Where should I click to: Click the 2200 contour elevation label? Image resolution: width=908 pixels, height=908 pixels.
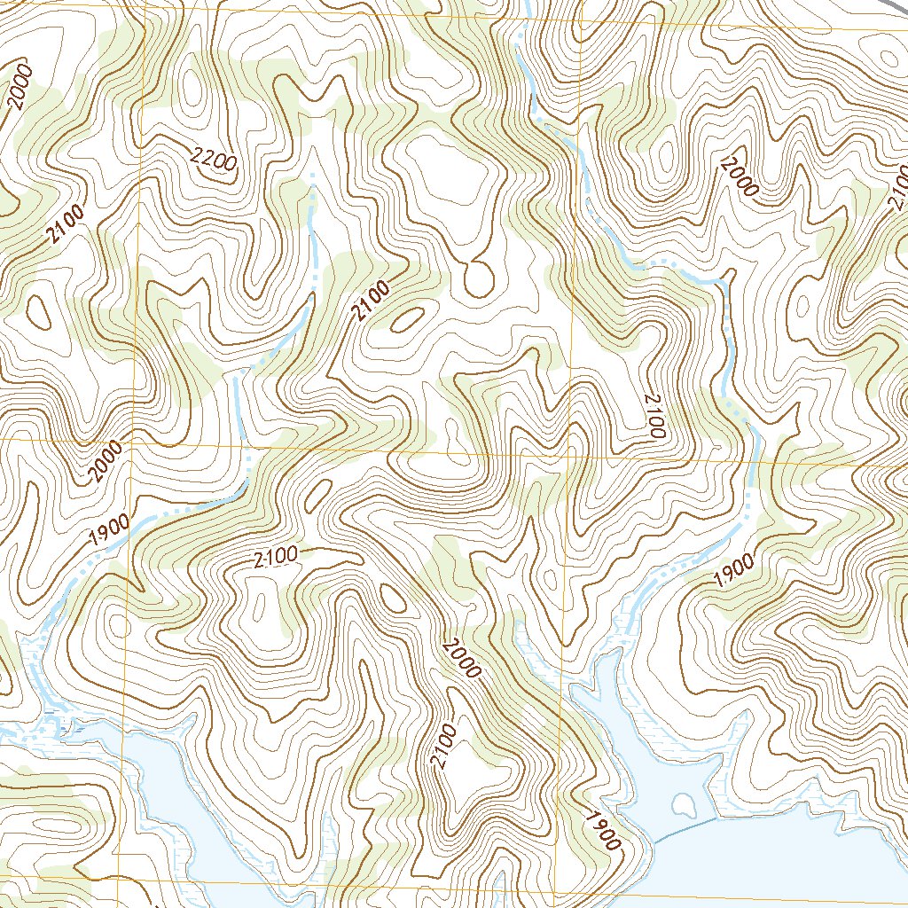coord(214,160)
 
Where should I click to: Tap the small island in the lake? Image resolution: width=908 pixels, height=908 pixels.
coord(684,805)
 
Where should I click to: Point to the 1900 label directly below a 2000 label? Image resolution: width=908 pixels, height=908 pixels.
coord(109,529)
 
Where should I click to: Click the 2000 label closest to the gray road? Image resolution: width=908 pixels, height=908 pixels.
coord(740,176)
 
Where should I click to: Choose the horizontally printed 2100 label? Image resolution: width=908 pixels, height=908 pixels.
coord(274,559)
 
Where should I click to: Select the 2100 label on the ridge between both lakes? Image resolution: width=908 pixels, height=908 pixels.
coord(446,747)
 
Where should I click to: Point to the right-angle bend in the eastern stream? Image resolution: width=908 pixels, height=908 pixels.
coord(723,281)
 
